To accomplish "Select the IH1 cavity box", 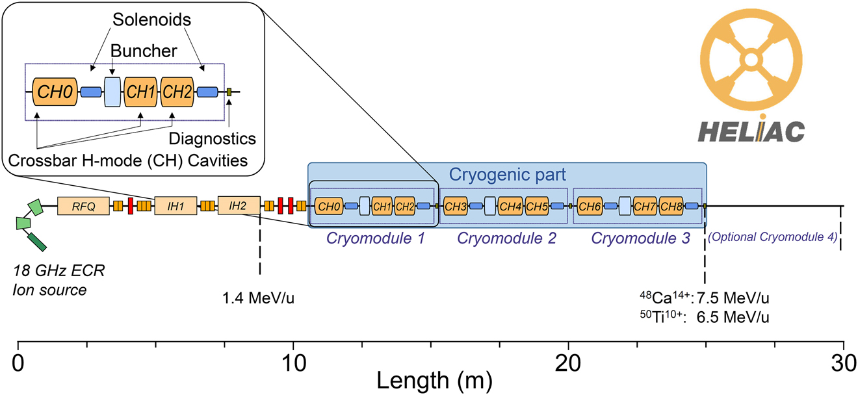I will pos(175,207).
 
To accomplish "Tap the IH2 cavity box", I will pos(239,207).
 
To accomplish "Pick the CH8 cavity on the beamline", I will pos(671,207).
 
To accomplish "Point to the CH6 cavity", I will pos(589,207).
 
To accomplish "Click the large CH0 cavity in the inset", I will pos(49,92).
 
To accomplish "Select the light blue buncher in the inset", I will pos(112,92).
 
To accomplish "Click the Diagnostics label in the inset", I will pos(212,138).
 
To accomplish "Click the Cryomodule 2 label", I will pos(507,238).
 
